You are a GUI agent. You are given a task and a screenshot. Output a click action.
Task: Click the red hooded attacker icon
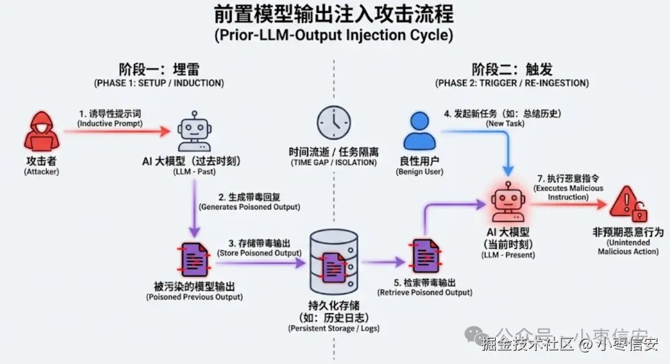pos(38,131)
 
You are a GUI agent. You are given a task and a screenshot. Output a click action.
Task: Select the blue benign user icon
pos(419,131)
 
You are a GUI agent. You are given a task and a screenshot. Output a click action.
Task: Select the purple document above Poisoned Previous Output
pos(193,258)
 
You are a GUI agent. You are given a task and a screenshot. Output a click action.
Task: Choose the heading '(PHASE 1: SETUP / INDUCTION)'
pos(159,83)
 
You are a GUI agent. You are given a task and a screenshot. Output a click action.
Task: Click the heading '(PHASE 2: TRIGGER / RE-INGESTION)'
pos(512,83)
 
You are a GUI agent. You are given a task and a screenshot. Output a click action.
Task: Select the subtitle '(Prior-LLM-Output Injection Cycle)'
pos(334,35)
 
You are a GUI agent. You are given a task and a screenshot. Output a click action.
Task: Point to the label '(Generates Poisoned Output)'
pos(249,206)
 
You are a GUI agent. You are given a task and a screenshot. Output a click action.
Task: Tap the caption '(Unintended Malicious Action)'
pos(628,247)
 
